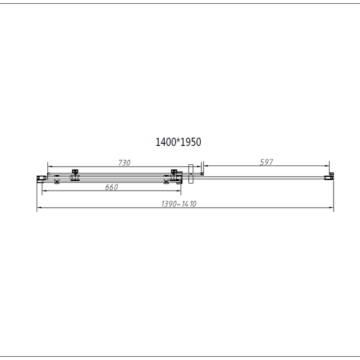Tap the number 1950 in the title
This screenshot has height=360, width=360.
click(x=191, y=142)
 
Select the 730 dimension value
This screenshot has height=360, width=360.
click(x=124, y=163)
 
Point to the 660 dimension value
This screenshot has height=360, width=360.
click(x=111, y=187)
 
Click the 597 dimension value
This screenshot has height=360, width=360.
click(x=267, y=162)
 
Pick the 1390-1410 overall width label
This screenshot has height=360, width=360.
click(x=179, y=203)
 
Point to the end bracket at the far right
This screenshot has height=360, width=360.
click(x=328, y=176)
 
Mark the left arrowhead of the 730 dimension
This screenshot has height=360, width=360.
click(x=49, y=167)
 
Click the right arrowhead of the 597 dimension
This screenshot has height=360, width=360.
click(x=328, y=167)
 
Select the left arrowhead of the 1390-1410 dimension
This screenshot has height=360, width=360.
click(x=39, y=208)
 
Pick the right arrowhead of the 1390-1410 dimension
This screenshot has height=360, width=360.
click(x=332, y=208)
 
